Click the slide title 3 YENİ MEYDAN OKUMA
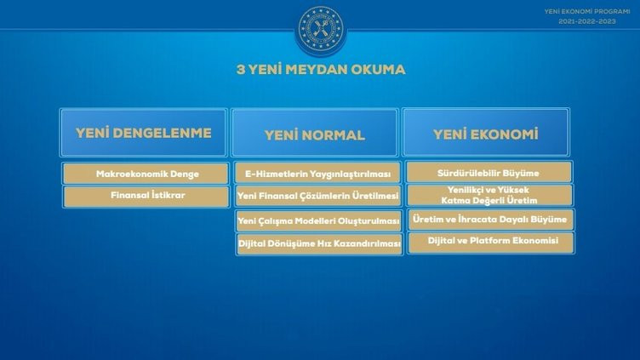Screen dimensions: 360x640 (x=321, y=70)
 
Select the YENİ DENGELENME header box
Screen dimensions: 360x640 (x=143, y=133)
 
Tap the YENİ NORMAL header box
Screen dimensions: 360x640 (x=314, y=134)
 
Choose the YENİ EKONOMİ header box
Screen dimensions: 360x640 (x=485, y=134)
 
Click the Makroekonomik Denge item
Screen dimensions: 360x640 (x=146, y=174)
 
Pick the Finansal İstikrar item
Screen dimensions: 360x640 (x=146, y=195)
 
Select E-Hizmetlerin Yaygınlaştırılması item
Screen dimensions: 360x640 (x=317, y=174)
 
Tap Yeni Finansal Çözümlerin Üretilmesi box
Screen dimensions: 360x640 (x=317, y=197)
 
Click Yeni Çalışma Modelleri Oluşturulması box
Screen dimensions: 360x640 (x=317, y=220)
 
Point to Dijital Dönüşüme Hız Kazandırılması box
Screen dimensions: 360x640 (x=317, y=243)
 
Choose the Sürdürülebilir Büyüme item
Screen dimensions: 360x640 (x=489, y=173)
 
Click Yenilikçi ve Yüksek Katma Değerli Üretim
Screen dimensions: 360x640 (x=489, y=195)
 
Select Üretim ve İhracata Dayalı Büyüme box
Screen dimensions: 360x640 (x=489, y=220)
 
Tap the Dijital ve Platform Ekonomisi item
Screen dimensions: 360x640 (x=489, y=242)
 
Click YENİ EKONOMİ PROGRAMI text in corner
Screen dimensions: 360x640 (x=588, y=11)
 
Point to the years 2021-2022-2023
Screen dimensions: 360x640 (x=588, y=20)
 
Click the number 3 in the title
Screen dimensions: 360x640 (x=240, y=70)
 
